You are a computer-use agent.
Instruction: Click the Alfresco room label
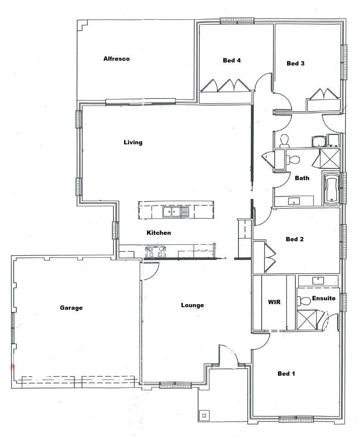click(x=116, y=59)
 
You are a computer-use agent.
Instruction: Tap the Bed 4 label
click(x=232, y=60)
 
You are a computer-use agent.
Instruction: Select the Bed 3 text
click(x=295, y=63)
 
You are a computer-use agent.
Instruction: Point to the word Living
click(x=133, y=142)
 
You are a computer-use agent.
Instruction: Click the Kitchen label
click(x=159, y=233)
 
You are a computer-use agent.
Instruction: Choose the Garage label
click(x=71, y=308)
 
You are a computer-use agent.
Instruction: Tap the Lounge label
click(x=192, y=305)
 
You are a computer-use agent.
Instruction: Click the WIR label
click(x=274, y=302)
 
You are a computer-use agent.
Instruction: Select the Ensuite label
click(x=324, y=298)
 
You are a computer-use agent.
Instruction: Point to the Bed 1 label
click(x=286, y=374)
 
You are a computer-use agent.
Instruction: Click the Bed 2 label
click(x=295, y=239)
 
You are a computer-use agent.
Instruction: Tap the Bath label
click(x=302, y=178)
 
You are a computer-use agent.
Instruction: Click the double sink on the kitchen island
click(x=172, y=212)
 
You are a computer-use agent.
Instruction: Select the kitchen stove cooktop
click(x=156, y=252)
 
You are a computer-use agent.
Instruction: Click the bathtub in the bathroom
click(x=331, y=188)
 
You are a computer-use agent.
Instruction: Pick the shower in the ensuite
click(x=307, y=320)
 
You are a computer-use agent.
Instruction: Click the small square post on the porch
click(x=204, y=415)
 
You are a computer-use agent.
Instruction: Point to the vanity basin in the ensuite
click(x=318, y=280)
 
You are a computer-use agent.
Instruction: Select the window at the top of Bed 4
click(x=237, y=20)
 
